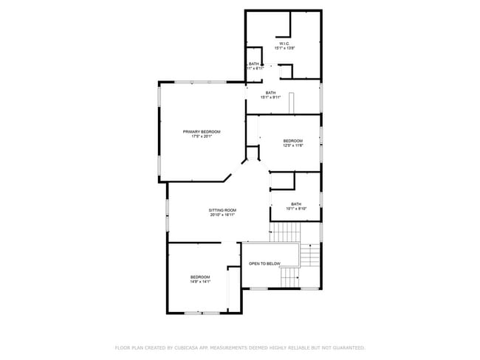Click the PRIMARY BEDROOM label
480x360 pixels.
pos(202,131)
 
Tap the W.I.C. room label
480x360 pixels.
pos(284,44)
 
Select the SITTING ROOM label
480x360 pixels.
pos(222,210)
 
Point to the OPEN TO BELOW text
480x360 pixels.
pos(264,263)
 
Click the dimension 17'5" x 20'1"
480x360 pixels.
pos(202,136)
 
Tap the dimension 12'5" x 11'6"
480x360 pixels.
pos(293,145)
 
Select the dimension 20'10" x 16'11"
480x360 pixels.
pos(222,215)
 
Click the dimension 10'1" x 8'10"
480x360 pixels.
pos(296,209)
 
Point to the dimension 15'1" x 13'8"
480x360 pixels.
pos(285,49)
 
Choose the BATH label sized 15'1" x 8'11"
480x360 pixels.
pos(271,92)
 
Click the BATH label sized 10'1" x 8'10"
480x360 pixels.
pos(296,204)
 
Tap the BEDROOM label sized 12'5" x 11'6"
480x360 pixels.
pos(293,140)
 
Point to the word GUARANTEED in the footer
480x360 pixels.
pos(344,347)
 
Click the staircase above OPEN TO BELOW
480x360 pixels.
pos(284,234)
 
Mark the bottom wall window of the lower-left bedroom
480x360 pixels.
pos(202,314)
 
